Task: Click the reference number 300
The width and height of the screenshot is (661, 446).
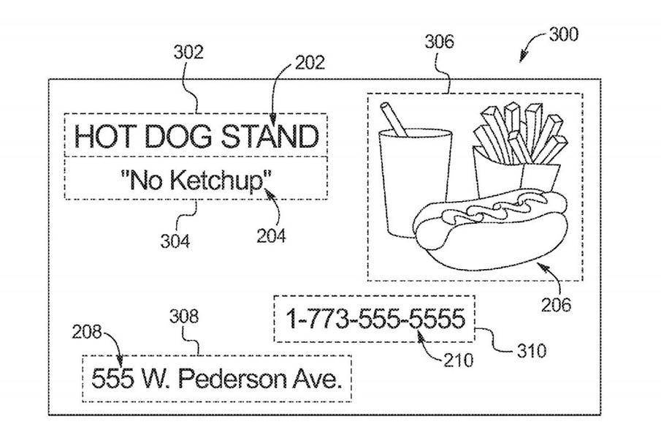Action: tap(564, 34)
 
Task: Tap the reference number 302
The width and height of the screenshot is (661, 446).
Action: tap(188, 53)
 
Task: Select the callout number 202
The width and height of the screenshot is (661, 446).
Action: tap(310, 63)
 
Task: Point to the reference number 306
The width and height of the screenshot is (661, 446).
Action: tap(439, 42)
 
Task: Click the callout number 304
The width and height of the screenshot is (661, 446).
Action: tap(175, 241)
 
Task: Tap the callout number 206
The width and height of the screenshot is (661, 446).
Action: tap(556, 305)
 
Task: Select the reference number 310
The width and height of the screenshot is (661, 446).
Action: tap(532, 351)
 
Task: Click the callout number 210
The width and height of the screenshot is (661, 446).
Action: tap(458, 360)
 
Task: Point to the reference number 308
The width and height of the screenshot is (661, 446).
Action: tap(184, 317)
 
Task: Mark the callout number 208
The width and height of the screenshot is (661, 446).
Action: tap(87, 332)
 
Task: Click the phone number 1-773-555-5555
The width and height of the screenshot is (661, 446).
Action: tap(376, 319)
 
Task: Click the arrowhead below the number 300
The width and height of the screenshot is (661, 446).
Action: tap(523, 57)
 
